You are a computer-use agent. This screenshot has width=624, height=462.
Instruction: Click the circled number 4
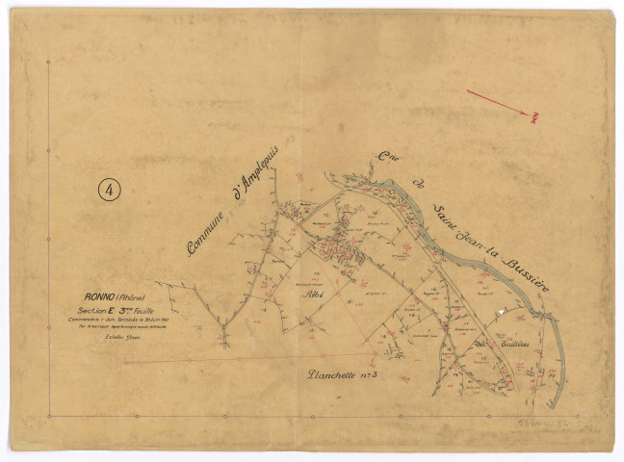click(111, 190)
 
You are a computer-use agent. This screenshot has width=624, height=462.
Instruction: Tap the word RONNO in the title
click(99, 297)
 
